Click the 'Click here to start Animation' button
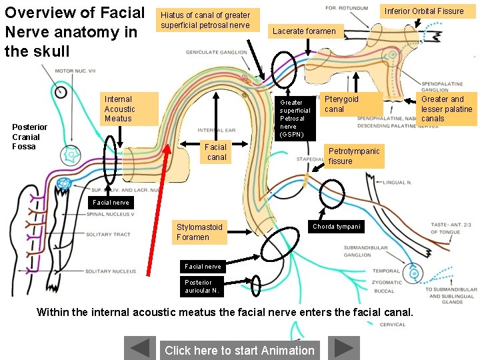coord(239,350)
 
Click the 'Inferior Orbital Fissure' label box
coord(423,11)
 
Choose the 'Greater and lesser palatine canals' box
coord(446,109)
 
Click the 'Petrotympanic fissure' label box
coord(355,156)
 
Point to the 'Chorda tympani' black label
coord(337,227)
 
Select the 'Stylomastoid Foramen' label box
coord(199,232)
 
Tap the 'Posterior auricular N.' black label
coord(203,286)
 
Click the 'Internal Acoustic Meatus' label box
coord(129,109)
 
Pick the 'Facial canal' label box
coord(217,152)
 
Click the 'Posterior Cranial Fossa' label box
coord(30,137)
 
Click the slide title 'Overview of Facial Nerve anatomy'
coord(74,31)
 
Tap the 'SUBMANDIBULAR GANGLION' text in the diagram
coord(367,251)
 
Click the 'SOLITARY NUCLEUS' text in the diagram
coord(110,271)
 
